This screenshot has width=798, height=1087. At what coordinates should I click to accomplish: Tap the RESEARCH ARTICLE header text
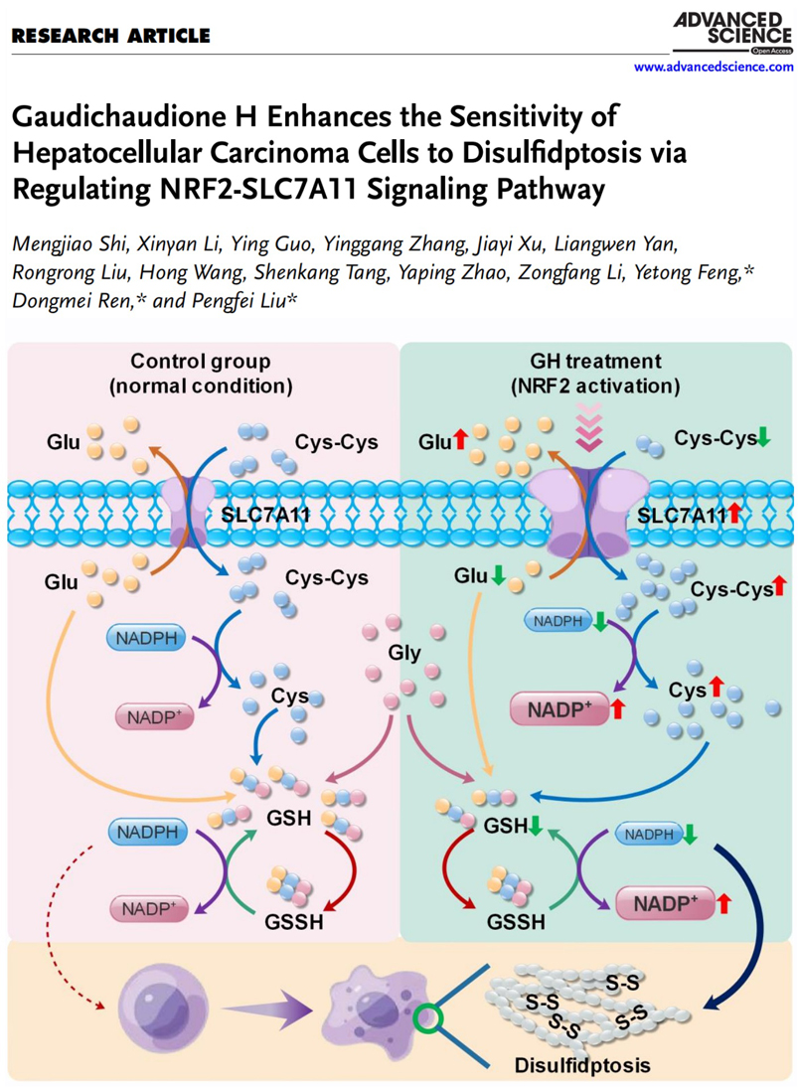click(x=110, y=37)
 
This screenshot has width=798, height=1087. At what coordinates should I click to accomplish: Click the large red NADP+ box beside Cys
click(x=560, y=709)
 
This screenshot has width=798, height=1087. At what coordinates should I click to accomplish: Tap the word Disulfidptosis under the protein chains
click(x=581, y=1066)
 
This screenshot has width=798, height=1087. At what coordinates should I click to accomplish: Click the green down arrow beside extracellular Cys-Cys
click(x=763, y=437)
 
